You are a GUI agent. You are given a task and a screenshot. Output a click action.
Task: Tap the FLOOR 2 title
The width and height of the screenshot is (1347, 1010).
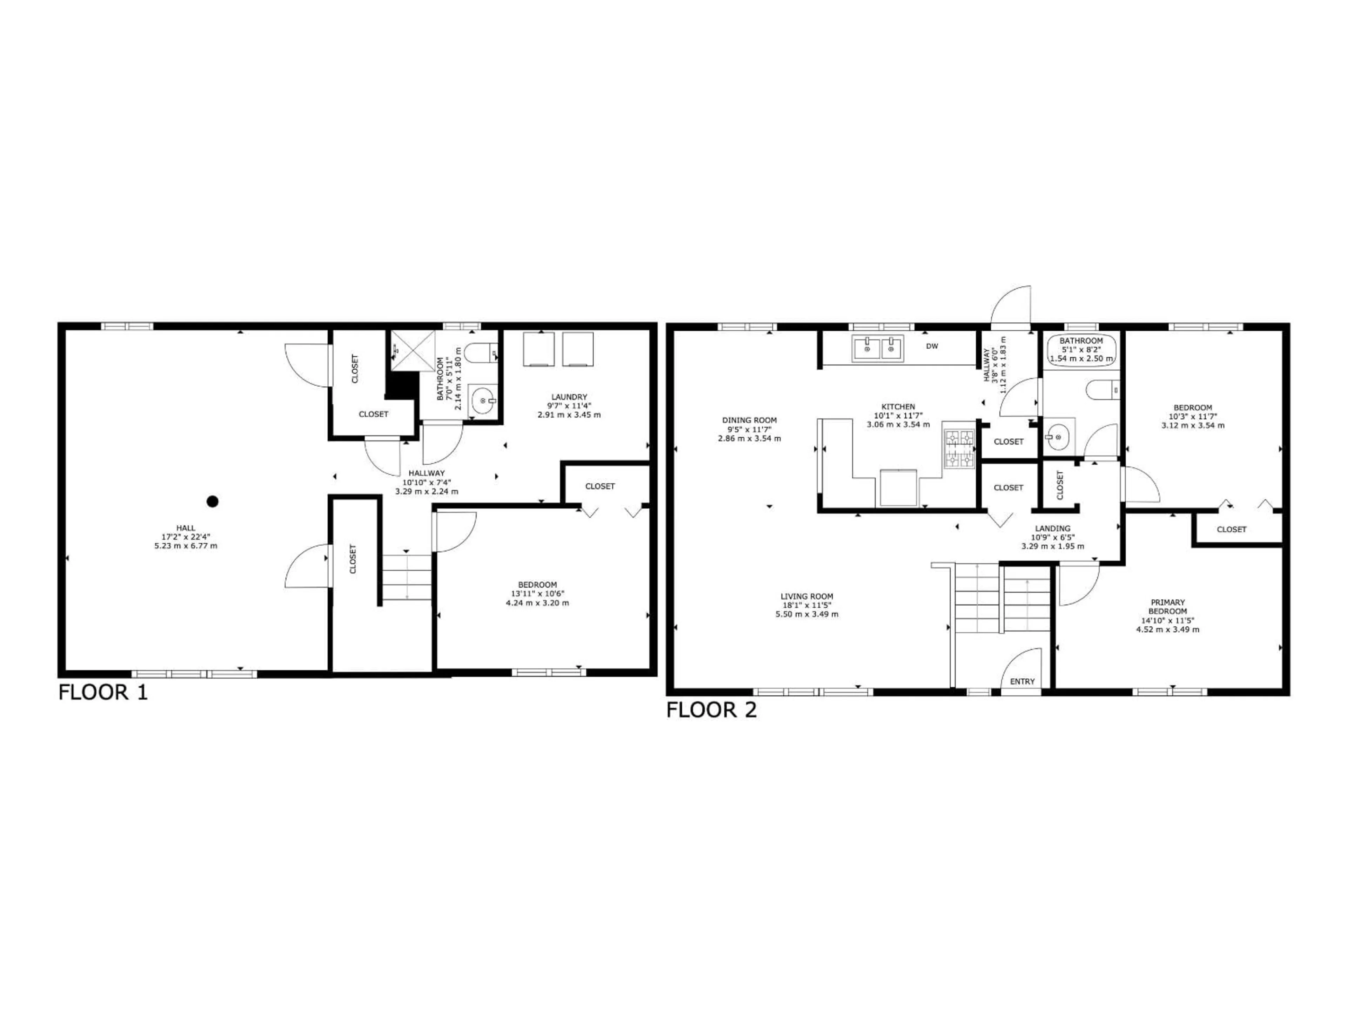[x=711, y=710]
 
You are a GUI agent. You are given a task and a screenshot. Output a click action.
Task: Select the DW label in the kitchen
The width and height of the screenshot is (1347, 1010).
[x=932, y=346]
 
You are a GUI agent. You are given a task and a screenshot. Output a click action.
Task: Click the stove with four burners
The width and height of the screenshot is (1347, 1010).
[x=959, y=449]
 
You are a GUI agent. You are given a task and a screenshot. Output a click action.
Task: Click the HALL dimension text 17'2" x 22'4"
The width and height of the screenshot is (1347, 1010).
[x=186, y=537]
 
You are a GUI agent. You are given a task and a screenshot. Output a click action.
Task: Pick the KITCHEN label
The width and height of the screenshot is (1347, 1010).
[x=898, y=407]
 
